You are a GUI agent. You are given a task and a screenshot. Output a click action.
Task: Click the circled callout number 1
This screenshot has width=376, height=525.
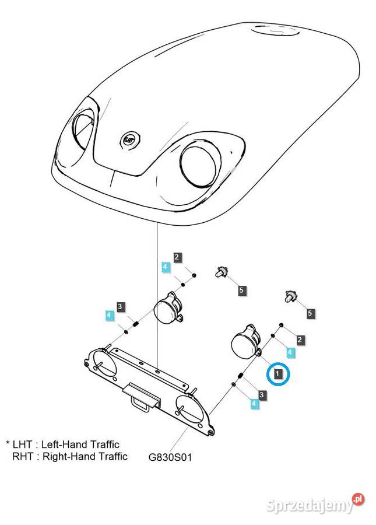[279, 373]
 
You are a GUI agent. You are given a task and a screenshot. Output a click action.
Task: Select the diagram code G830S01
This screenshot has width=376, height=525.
[170, 457]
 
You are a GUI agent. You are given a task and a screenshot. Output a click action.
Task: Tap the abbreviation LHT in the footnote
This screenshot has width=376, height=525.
[24, 444]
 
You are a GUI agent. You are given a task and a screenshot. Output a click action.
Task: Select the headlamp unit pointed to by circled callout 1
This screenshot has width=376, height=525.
[245, 343]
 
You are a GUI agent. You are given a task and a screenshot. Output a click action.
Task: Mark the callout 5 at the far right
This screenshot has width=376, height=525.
[310, 314]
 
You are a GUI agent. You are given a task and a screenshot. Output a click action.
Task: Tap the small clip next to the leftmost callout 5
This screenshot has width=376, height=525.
[222, 271]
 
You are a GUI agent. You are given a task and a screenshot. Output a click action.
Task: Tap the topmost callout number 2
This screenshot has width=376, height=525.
[177, 257]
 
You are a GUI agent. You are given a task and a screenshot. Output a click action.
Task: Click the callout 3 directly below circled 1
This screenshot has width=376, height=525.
[262, 395]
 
